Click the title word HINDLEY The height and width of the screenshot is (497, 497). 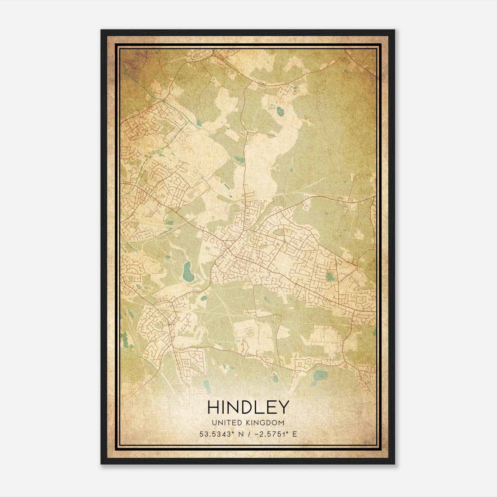click(248, 407)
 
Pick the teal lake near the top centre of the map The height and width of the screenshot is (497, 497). click(280, 110)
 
